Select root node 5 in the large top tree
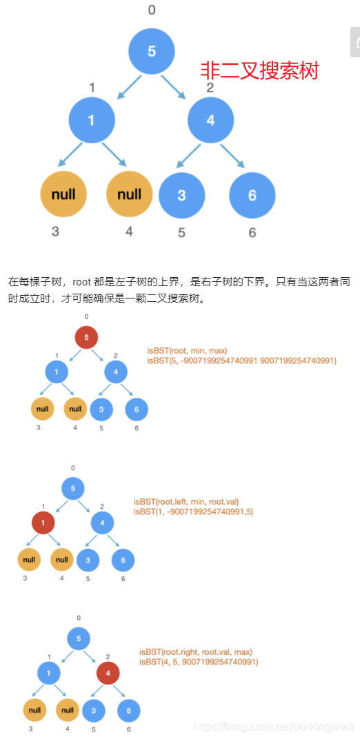tap(152, 50)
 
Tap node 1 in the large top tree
tap(91, 120)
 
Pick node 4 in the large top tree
tap(210, 120)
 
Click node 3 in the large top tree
tap(181, 194)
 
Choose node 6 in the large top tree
tap(252, 194)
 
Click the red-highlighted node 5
tap(86, 338)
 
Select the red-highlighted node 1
tap(43, 523)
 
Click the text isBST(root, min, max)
tap(187, 351)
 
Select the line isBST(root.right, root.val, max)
tap(196, 651)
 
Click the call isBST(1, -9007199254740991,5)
tap(193, 512)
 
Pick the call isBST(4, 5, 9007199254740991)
tap(199, 662)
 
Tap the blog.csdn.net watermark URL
tap(274, 727)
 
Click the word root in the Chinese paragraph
tap(83, 281)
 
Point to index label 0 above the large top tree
tap(152, 10)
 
